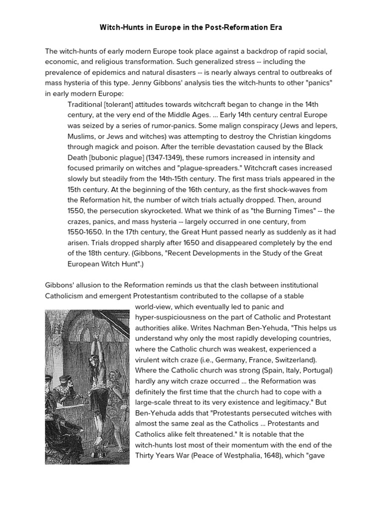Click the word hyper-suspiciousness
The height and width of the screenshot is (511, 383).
[172, 317]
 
